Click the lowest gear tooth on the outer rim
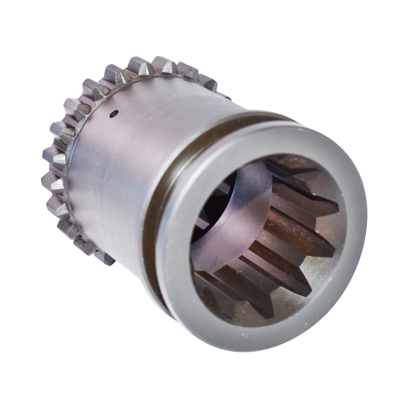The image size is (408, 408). tap(104, 258)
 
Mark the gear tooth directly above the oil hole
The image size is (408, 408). tap(115, 74)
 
